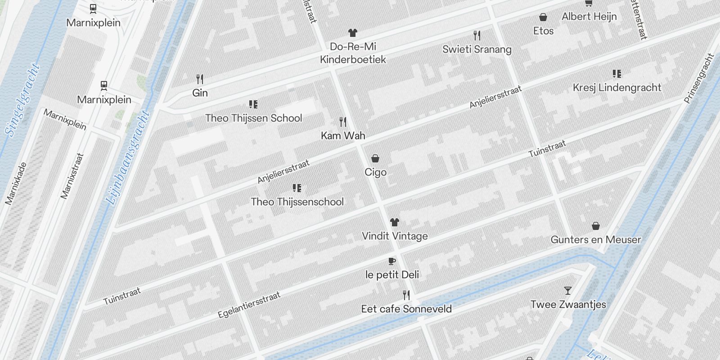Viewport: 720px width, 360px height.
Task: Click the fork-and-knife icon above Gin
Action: click(x=200, y=80)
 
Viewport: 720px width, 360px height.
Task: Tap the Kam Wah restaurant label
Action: click(x=343, y=135)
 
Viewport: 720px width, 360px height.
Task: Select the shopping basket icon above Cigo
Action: click(x=375, y=158)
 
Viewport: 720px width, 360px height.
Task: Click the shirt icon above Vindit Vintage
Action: click(x=395, y=222)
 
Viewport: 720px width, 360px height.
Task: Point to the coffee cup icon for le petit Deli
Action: click(x=392, y=261)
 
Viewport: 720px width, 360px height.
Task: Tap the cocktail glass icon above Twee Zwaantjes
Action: click(x=568, y=291)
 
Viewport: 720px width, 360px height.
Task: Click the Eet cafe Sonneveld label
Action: click(x=406, y=309)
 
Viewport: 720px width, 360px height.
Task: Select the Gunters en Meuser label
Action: click(x=595, y=239)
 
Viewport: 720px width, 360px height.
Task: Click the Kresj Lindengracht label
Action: click(x=617, y=87)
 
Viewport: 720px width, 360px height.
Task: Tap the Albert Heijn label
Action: click(x=589, y=17)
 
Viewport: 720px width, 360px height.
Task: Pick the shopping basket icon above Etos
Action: click(x=543, y=18)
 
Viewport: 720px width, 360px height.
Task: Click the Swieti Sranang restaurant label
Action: click(x=477, y=49)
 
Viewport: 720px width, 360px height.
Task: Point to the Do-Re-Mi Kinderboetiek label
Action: click(x=353, y=53)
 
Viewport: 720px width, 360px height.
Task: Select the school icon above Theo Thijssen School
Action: click(x=253, y=104)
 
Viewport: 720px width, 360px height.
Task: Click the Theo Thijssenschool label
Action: click(x=297, y=202)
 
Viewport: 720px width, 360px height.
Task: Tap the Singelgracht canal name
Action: click(x=22, y=100)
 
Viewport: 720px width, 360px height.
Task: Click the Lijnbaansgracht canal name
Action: click(x=128, y=157)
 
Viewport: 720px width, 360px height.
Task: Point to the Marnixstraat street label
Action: click(x=72, y=176)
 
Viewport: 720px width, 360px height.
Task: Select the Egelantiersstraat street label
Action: click(x=249, y=305)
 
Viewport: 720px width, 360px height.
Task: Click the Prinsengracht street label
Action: click(x=699, y=78)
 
